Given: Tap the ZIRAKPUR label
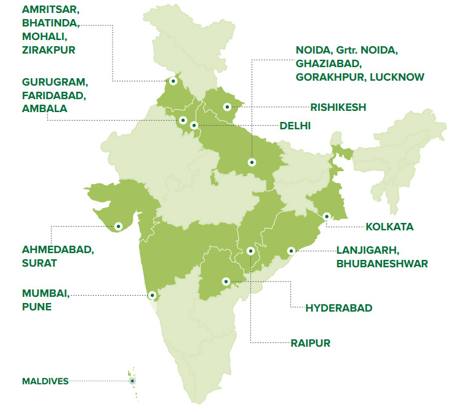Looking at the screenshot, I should (49, 50).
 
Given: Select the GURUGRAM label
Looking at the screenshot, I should (55, 82).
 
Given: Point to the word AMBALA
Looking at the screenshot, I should (44, 108).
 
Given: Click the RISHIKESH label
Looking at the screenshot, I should (338, 107).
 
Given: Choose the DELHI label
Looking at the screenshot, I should (295, 126).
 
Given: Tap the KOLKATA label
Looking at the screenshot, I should (389, 227).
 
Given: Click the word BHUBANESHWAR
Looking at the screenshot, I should (382, 264).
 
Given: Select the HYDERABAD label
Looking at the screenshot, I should (339, 308).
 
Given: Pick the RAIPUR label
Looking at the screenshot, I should (310, 343).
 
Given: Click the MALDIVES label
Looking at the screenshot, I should (46, 381).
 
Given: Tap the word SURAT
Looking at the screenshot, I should (39, 263).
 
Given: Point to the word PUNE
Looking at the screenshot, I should (37, 306).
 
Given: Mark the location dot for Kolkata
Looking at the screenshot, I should (327, 216).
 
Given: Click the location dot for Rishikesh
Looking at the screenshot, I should (227, 107).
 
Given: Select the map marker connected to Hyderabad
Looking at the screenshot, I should (226, 280).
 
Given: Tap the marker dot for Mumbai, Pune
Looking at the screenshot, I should (151, 295).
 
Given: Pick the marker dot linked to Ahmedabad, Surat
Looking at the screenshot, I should (119, 226).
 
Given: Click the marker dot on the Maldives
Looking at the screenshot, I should (132, 381).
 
